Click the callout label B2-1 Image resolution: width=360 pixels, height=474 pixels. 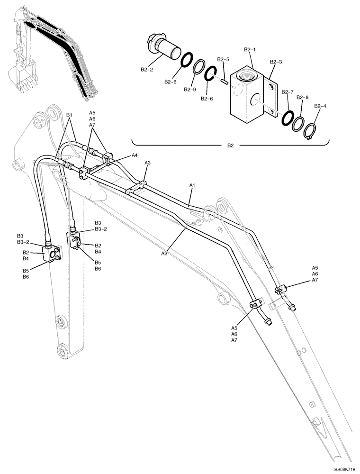[x=250, y=49]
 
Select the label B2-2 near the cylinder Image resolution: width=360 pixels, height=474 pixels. [x=147, y=69]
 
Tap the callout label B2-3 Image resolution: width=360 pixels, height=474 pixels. [x=276, y=62]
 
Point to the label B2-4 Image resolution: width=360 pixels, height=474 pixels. [x=320, y=106]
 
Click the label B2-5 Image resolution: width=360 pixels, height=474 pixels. [x=223, y=59]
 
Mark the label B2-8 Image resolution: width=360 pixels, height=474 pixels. [x=303, y=97]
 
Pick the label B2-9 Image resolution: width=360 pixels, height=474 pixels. [x=190, y=89]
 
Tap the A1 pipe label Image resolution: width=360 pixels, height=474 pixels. [x=192, y=184]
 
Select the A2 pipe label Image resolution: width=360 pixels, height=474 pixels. [x=165, y=254]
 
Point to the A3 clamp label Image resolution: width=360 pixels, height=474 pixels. [x=147, y=163]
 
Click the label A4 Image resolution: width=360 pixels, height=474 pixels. [x=135, y=155]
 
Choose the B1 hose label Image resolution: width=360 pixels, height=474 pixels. [x=69, y=115]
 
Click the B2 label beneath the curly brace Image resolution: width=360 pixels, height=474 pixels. [x=230, y=146]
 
